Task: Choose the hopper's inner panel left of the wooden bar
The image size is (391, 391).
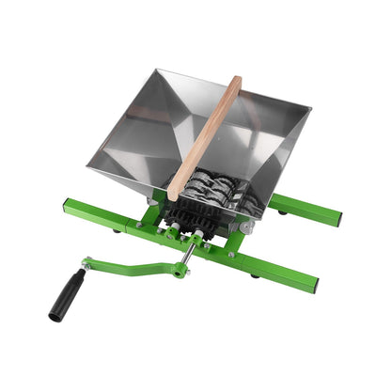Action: click(150, 132)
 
